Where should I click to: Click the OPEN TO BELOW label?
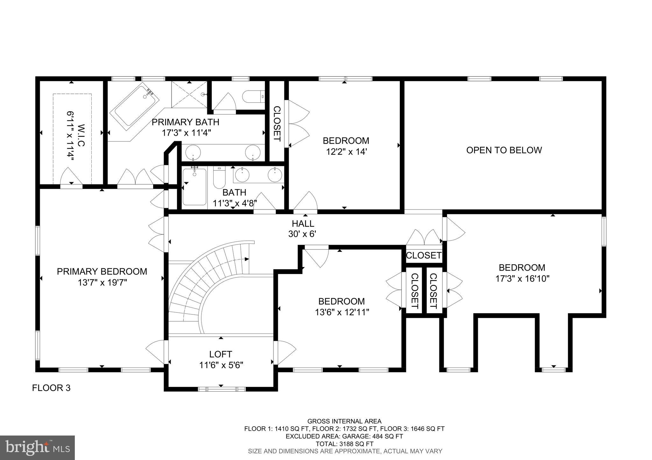(504, 150)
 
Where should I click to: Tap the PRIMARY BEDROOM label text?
(102, 271)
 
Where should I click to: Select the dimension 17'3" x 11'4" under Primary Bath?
(187, 133)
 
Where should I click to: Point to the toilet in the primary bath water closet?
(253, 96)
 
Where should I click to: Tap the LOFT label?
(221, 354)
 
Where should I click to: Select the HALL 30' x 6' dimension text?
(302, 234)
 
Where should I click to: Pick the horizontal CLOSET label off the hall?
(424, 255)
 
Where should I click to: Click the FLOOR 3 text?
(51, 388)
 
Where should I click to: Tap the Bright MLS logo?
(38, 448)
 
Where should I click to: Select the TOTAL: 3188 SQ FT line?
(344, 444)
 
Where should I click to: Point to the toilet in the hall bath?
(219, 178)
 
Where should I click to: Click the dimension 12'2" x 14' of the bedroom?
(346, 152)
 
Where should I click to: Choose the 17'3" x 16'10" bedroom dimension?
(522, 279)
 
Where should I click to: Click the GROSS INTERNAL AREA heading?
(344, 421)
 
